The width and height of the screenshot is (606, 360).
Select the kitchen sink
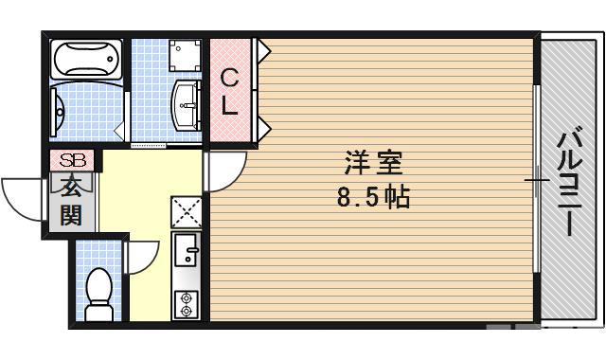[186, 252]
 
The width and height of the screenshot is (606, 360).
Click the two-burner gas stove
[186, 302]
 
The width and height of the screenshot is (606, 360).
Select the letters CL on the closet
[230, 91]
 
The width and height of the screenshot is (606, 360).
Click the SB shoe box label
[72, 161]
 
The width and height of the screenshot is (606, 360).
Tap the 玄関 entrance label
[72, 200]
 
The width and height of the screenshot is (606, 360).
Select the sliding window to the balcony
[538, 180]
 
